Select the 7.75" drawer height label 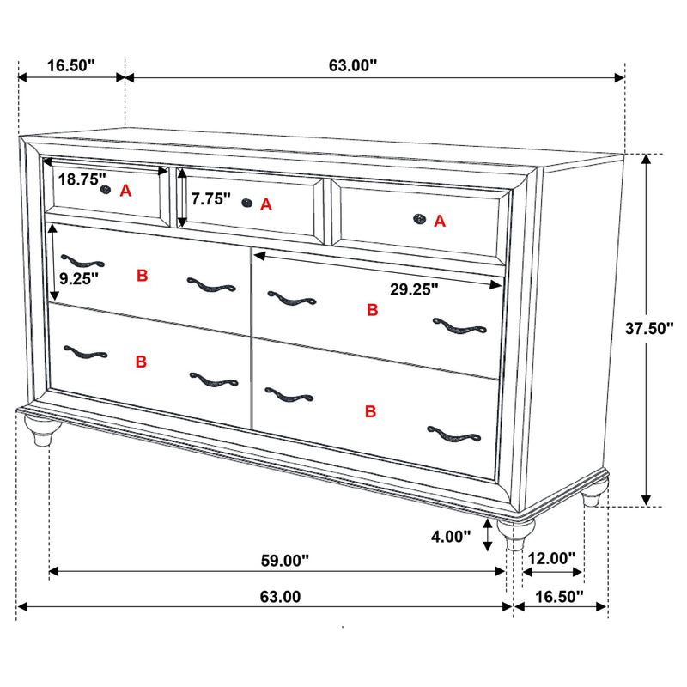click(211, 199)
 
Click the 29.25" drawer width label click(414, 289)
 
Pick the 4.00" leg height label click(452, 537)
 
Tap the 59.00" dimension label click(284, 561)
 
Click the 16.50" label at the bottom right click(558, 595)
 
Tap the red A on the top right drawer click(440, 222)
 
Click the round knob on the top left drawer click(106, 189)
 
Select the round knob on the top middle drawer click(247, 203)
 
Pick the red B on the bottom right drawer click(371, 412)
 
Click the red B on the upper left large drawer click(143, 276)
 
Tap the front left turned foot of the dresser click(39, 435)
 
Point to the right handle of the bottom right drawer click(453, 434)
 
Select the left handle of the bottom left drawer click(85, 352)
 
